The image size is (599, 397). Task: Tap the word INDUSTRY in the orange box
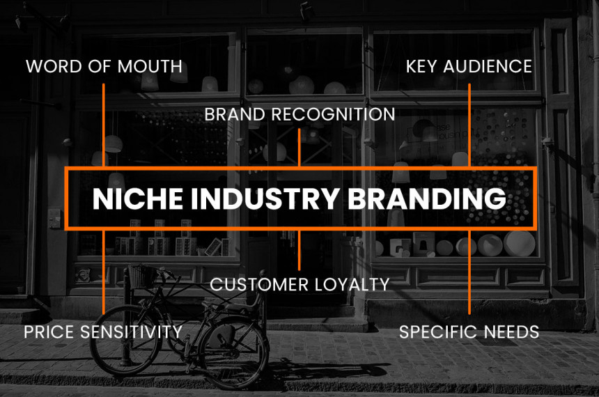click(265, 198)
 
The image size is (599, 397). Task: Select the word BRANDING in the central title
click(427, 198)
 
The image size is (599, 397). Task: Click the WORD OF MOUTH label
click(104, 66)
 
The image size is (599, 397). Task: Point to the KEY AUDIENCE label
click(469, 66)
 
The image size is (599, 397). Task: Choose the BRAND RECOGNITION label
click(299, 115)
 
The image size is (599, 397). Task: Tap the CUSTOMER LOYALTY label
click(299, 285)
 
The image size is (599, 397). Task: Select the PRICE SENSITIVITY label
click(103, 332)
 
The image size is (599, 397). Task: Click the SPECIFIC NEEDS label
click(469, 332)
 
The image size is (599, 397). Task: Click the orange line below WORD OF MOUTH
click(104, 125)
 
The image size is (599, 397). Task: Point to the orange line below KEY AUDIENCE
click(469, 125)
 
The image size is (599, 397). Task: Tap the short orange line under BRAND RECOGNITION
click(299, 148)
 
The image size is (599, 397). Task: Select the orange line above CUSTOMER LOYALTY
click(299, 250)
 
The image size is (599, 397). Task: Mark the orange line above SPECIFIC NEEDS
click(469, 272)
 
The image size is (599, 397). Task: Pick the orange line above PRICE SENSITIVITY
click(104, 272)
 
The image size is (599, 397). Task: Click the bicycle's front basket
click(142, 276)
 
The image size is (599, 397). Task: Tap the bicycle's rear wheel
click(233, 352)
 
